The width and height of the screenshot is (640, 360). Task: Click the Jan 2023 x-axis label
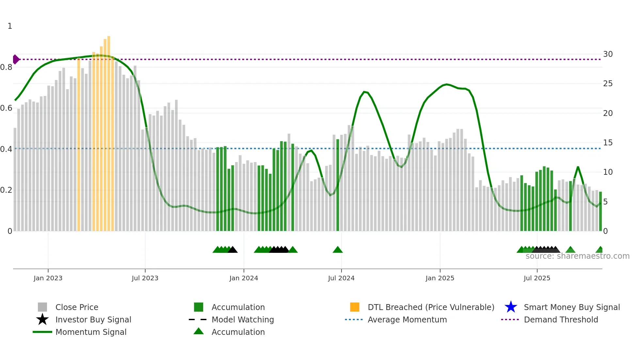(x=48, y=278)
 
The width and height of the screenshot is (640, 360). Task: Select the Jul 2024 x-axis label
(x=341, y=278)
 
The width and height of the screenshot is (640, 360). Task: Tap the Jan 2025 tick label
(x=440, y=278)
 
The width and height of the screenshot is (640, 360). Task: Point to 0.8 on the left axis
(x=6, y=67)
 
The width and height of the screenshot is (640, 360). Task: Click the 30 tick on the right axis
(x=608, y=54)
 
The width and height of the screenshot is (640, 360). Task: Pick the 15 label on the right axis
(x=608, y=143)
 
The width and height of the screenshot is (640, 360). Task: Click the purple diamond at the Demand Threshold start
(x=16, y=59)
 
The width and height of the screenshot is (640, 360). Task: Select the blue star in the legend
(x=511, y=307)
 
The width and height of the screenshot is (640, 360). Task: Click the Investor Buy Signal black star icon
(x=42, y=319)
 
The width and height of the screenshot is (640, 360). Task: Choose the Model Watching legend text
(x=243, y=319)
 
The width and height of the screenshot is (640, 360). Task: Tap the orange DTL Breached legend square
(x=355, y=307)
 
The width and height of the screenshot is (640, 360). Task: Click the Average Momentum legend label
(x=407, y=319)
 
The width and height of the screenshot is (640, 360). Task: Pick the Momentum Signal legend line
(x=42, y=332)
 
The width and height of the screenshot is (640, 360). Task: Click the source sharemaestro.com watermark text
(x=577, y=256)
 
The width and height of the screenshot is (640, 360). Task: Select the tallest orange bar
(x=109, y=131)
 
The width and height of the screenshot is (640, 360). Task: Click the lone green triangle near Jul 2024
(x=338, y=250)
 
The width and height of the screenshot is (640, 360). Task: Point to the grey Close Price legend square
(x=42, y=307)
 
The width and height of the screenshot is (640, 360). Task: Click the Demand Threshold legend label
(x=561, y=319)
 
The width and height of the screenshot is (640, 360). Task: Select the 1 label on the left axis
(x=10, y=26)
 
